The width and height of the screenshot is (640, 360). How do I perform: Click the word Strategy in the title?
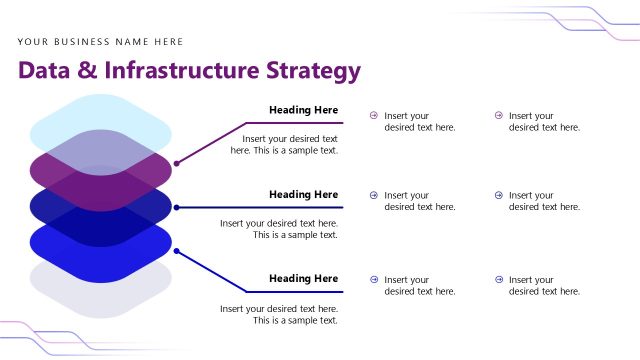312,71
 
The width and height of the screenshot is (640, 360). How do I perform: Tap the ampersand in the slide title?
87,71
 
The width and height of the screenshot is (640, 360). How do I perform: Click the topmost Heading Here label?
303,110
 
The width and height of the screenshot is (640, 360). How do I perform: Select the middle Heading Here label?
303,194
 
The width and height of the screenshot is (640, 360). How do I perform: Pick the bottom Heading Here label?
303,278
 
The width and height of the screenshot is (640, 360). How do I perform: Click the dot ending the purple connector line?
176,163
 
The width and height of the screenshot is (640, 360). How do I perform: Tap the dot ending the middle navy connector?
176,208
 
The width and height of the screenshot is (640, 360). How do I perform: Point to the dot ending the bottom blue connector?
176,250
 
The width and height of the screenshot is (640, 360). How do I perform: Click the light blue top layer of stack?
100,116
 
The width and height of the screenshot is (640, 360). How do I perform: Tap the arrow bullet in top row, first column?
374,116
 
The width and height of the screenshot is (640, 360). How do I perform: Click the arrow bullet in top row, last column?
498,116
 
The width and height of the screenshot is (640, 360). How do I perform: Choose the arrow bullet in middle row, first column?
374,196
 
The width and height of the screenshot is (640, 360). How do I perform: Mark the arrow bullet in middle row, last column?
498,196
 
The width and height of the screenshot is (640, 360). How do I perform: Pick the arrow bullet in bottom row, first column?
374,280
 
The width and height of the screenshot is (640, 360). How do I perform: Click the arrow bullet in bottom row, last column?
498,280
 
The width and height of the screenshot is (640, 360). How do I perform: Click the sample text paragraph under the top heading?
288,145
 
